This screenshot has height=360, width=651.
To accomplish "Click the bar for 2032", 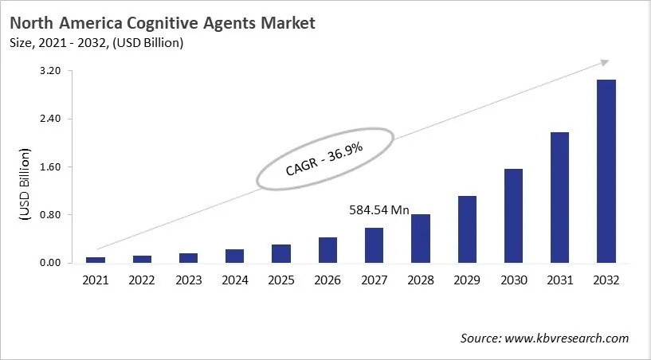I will [x=606, y=171].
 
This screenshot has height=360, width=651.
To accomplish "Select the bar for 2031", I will [x=559, y=198].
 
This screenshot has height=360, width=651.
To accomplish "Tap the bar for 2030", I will [x=513, y=216].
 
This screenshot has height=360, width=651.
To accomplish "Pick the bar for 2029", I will [x=467, y=229].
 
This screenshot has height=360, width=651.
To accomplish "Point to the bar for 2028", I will [x=421, y=239].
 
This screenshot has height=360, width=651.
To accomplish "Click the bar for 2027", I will [x=374, y=245].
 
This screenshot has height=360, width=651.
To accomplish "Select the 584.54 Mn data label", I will [x=379, y=211].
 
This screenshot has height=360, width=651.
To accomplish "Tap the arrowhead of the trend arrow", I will [x=605, y=62].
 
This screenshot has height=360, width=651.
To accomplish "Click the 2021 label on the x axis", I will [x=96, y=280].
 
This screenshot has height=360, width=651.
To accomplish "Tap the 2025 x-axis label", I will [x=281, y=280].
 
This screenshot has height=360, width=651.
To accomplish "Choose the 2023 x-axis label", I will [x=188, y=280].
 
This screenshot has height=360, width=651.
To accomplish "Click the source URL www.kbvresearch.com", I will [x=567, y=338].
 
